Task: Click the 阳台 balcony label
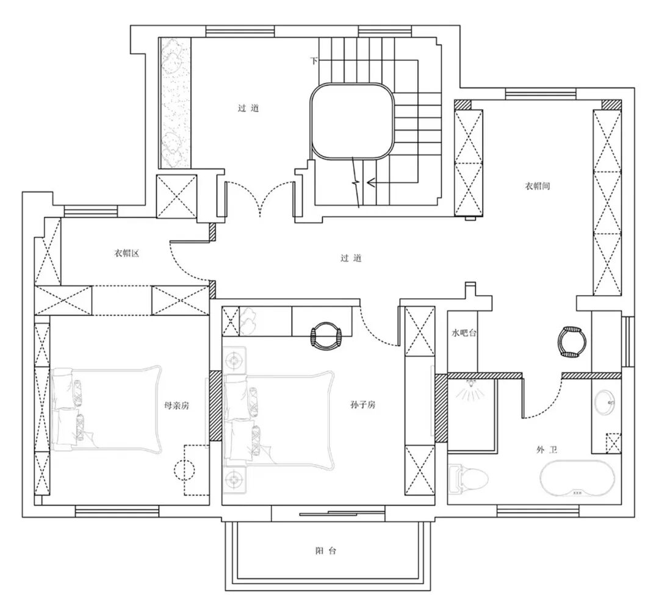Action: click(326, 551)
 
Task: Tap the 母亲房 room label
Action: click(176, 405)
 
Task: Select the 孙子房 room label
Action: click(362, 405)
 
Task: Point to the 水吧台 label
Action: click(464, 333)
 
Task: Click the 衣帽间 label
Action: click(538, 185)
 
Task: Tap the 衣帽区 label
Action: click(126, 253)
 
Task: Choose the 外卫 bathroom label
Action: click(547, 450)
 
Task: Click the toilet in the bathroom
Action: click(468, 478)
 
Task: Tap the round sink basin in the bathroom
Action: click(605, 402)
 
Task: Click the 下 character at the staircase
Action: click(314, 60)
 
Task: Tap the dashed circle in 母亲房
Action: click(184, 469)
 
